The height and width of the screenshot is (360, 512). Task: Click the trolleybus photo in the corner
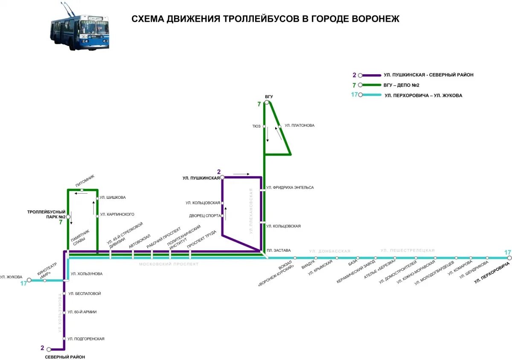[80, 27]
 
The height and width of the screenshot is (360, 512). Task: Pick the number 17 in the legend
[354, 95]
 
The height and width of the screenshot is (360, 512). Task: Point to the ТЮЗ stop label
[256, 126]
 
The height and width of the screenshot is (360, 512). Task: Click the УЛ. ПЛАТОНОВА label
[300, 125]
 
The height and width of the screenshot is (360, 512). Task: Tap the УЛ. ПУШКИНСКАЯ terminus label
[201, 177]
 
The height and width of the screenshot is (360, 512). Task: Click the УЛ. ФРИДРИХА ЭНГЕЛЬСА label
[290, 188]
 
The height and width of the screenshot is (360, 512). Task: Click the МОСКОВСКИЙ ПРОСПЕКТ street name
[169, 264]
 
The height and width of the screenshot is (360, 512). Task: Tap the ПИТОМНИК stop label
[85, 181]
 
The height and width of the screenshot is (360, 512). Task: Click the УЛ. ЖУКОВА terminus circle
[29, 280]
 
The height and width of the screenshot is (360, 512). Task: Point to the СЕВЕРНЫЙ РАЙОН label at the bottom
[65, 357]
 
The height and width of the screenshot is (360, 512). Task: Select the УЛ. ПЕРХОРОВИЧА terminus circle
[509, 258]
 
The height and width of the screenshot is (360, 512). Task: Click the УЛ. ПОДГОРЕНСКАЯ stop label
[86, 339]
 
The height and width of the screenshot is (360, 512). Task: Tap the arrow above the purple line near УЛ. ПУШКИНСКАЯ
[241, 174]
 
